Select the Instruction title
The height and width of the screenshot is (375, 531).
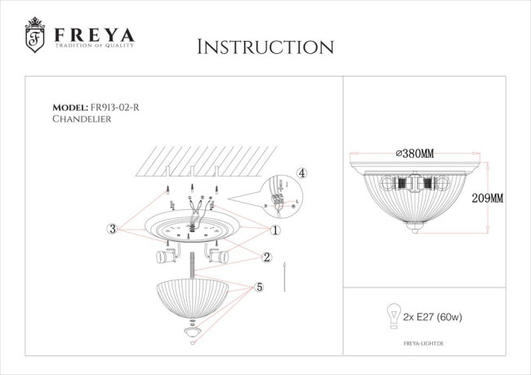pyautogui.click(x=265, y=47)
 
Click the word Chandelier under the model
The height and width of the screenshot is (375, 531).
pyautogui.click(x=81, y=119)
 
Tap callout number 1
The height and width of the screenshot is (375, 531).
pyautogui.click(x=275, y=230)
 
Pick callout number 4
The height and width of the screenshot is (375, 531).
pyautogui.click(x=301, y=173)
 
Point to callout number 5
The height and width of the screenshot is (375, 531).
pyautogui.click(x=259, y=288)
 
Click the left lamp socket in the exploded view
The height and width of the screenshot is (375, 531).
pyautogui.click(x=166, y=258)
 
